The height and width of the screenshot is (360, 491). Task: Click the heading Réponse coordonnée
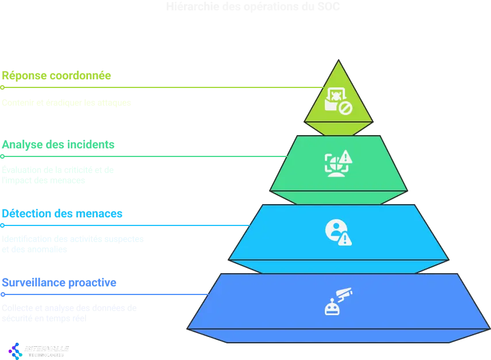[56, 75]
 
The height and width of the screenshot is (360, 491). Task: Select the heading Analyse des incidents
[57, 144]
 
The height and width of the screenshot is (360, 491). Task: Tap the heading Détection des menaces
[62, 213]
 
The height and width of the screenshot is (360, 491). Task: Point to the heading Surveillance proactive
[59, 282]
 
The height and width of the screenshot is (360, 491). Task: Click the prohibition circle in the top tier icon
[345, 108]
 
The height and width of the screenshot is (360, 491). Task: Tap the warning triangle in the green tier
[345, 156]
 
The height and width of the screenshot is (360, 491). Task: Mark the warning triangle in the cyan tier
[345, 239]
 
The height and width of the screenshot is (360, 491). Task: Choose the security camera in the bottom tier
[343, 294]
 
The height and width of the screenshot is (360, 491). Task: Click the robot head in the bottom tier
[332, 308]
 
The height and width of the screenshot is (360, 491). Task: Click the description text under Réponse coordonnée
[66, 101]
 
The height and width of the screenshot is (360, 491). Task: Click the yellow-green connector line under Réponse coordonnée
[161, 88]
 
